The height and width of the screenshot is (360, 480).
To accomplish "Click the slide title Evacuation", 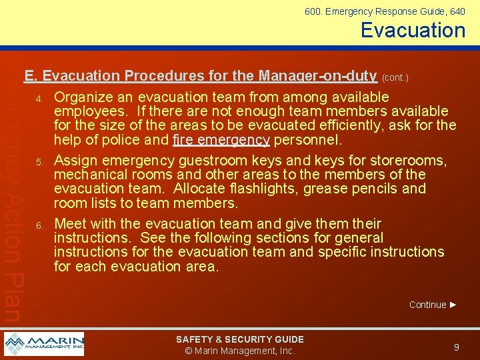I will point(413,30).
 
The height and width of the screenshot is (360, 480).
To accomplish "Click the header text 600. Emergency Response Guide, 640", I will point(385,11).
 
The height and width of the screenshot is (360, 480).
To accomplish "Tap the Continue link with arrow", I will point(433,305).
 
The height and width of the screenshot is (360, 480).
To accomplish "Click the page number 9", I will point(456,347).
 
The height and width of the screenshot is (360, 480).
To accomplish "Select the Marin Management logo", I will point(44,344).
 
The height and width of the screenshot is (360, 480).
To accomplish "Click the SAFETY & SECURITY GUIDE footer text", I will point(239,339).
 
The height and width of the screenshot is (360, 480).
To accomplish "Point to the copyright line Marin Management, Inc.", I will point(239,351).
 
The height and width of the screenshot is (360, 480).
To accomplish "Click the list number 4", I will point(39,99).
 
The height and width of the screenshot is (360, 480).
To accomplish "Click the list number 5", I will point(39,163).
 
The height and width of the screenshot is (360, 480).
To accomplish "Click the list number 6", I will point(39,225).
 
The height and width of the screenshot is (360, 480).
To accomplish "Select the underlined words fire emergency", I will point(221,140).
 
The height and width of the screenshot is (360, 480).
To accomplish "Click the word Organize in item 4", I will point(83,97).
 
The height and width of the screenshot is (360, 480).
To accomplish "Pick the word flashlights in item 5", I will point(265,189).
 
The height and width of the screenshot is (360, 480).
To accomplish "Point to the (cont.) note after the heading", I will point(395,77).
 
